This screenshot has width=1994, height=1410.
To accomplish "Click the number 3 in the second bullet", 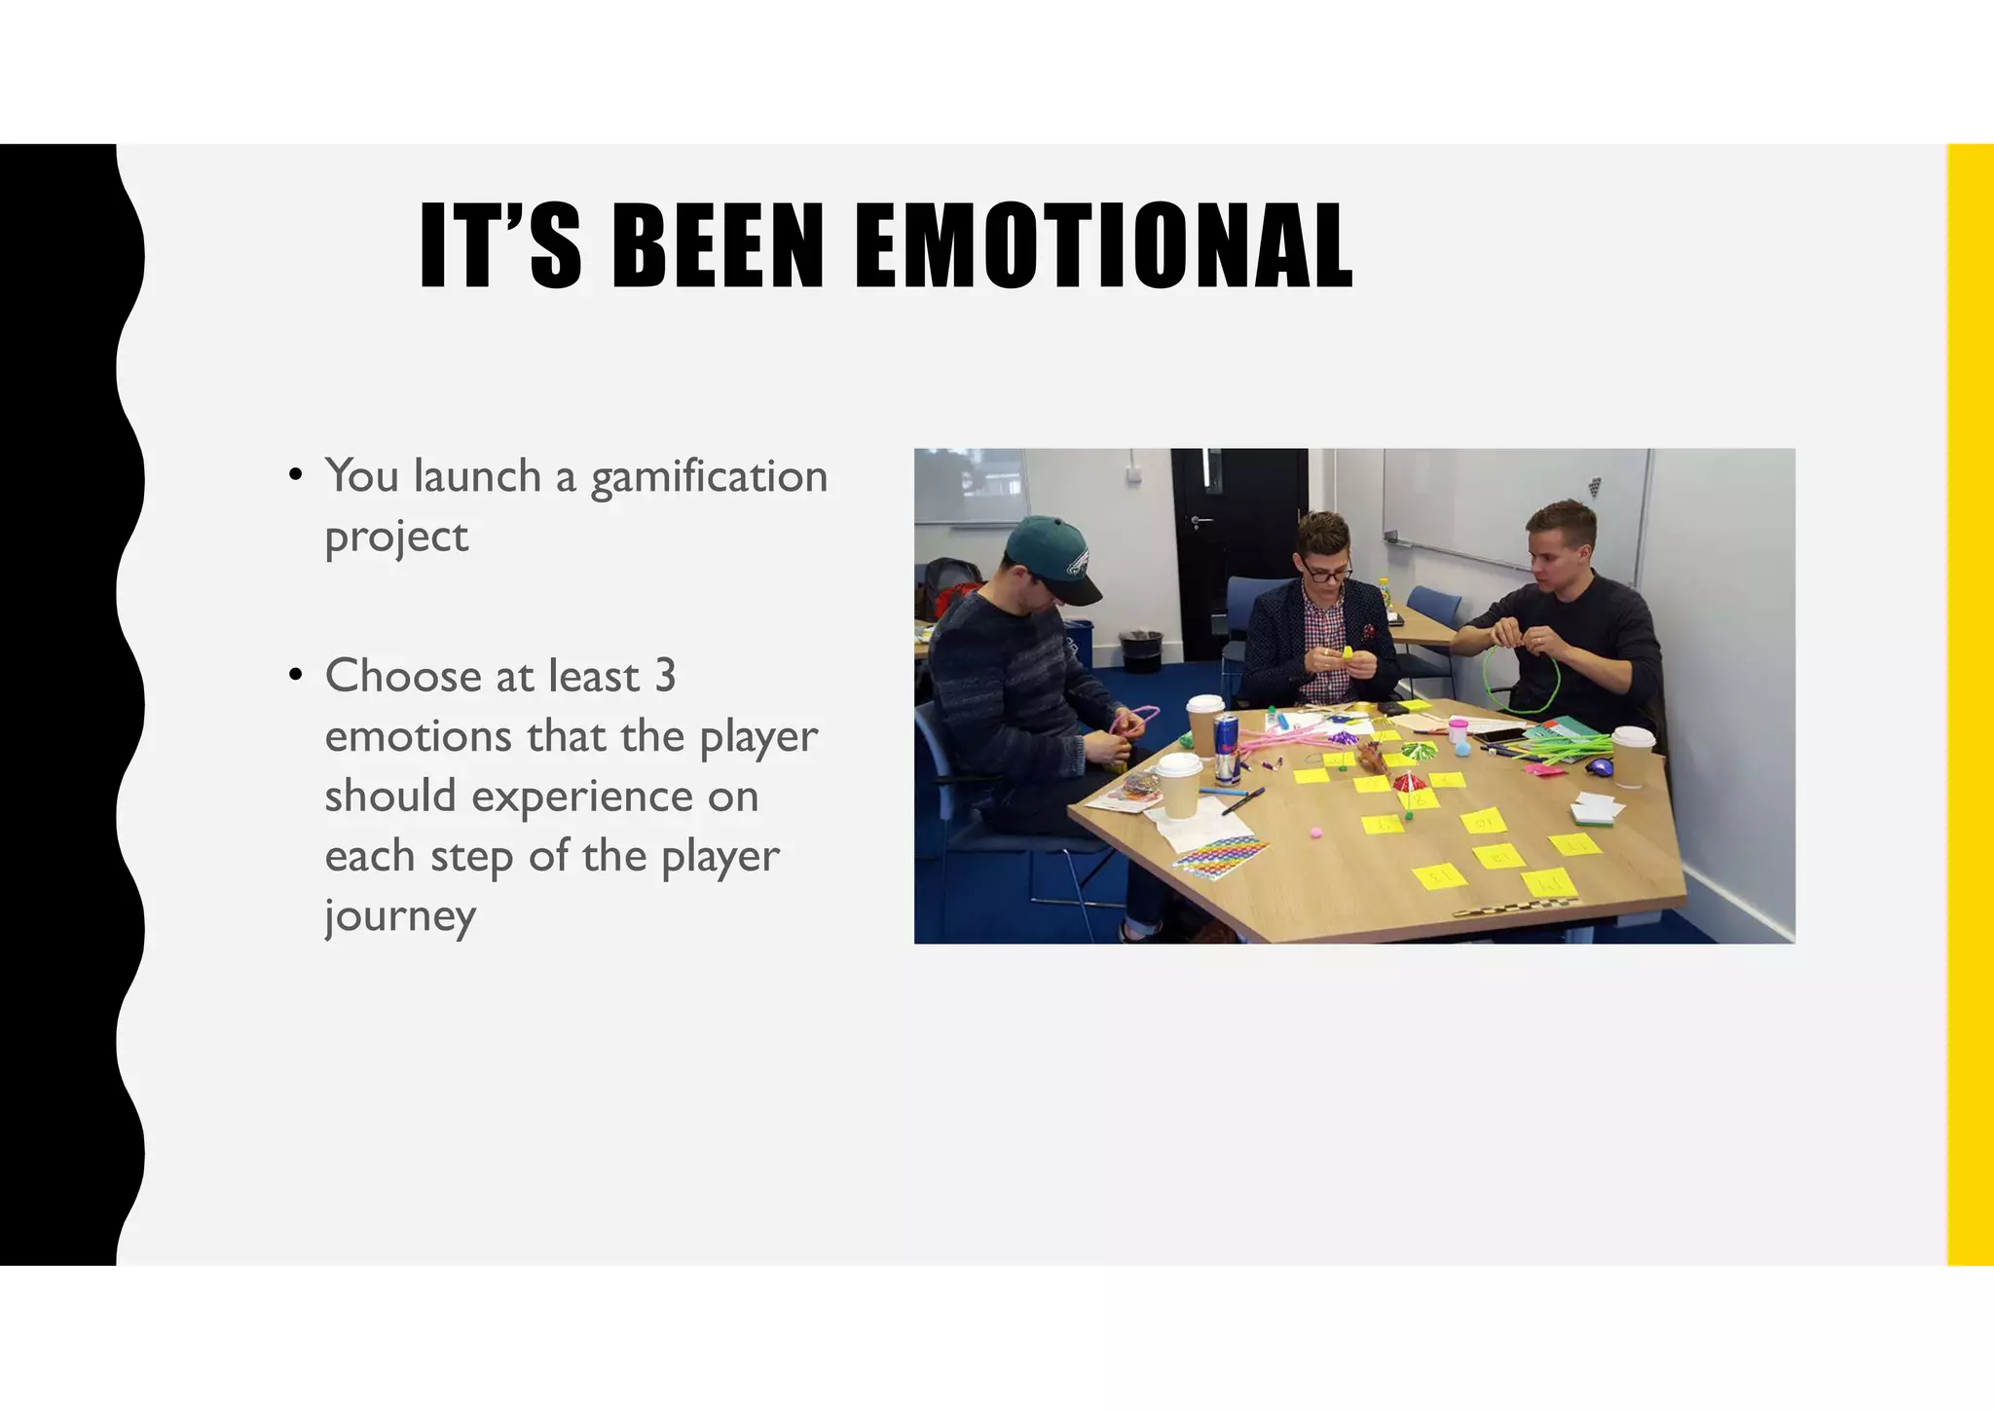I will point(665,676).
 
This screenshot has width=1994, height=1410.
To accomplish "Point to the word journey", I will point(400,916).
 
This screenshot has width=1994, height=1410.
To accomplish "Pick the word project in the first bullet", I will point(396,538).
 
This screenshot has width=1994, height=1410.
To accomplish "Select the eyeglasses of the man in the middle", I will point(1326,574).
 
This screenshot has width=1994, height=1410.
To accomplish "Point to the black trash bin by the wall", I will point(1140,650).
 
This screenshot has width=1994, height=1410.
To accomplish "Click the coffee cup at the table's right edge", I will point(1632,756).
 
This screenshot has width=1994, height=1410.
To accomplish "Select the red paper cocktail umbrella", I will point(1404,781).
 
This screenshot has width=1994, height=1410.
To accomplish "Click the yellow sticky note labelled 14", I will point(1548,883).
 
